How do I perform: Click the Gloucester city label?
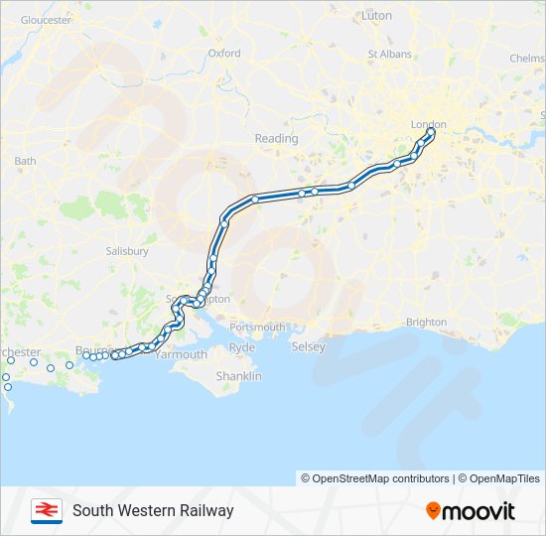click(46, 20)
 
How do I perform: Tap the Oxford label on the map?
click(224, 54)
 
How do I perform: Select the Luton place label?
click(377, 16)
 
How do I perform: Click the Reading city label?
click(276, 139)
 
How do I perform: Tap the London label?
click(429, 124)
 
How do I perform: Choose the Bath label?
click(25, 160)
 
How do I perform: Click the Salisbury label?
click(127, 251)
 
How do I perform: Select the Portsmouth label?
click(257, 327)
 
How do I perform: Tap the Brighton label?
click(427, 323)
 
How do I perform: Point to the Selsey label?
click(308, 346)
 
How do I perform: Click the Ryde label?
click(242, 347)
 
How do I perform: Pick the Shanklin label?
click(240, 376)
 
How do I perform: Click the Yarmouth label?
click(181, 354)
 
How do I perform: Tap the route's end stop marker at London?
click(431, 132)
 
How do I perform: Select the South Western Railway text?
click(153, 510)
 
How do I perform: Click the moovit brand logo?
click(471, 510)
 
